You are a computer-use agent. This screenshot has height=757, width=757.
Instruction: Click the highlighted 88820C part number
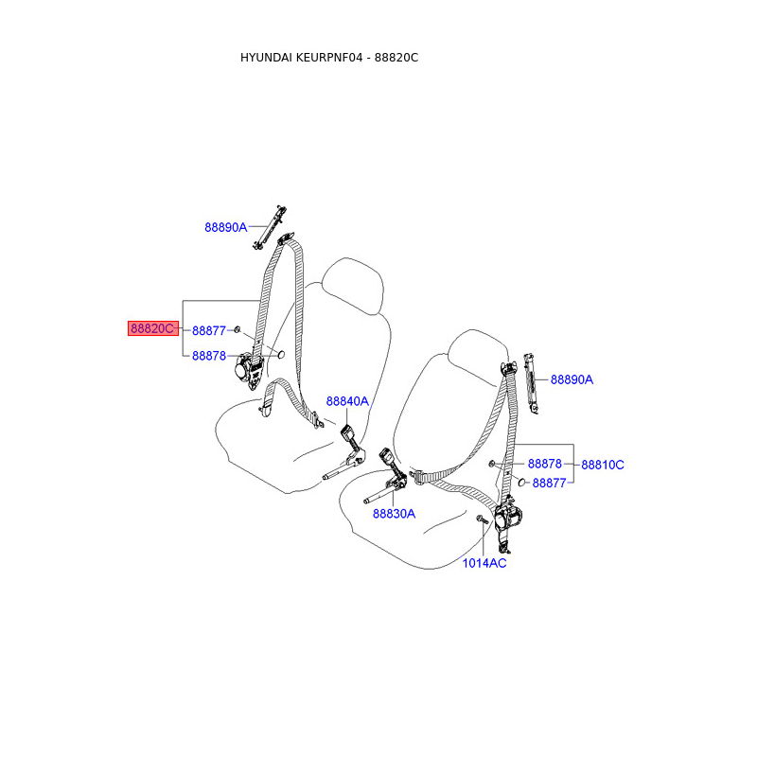click(x=152, y=329)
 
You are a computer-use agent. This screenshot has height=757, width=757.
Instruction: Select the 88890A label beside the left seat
click(x=225, y=227)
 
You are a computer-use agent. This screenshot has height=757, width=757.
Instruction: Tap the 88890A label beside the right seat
click(x=572, y=379)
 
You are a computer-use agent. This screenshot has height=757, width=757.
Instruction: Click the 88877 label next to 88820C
click(x=208, y=330)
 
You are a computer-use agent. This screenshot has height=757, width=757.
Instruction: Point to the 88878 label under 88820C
click(x=208, y=356)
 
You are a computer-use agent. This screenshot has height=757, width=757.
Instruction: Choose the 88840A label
click(x=347, y=401)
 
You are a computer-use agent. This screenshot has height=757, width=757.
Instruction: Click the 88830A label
click(x=394, y=514)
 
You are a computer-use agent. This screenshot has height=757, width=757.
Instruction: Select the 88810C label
click(x=603, y=465)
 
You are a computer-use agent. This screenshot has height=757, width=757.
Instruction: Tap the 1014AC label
click(x=484, y=563)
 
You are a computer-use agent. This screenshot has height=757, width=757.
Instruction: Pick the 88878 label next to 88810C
click(x=545, y=465)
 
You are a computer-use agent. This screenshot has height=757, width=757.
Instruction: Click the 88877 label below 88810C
click(x=549, y=483)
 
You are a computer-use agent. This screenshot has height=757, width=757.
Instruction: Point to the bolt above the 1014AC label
click(x=482, y=520)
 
